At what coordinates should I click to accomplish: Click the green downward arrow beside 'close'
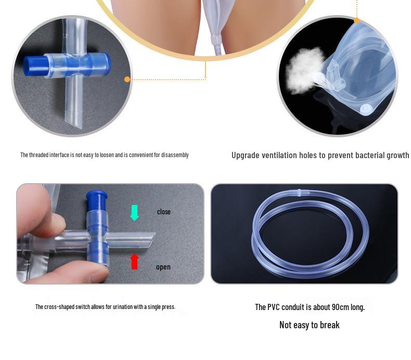[x=134, y=212]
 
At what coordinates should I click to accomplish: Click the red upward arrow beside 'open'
[x=134, y=261]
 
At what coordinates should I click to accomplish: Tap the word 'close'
[x=164, y=212]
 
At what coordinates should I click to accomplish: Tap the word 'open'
[x=163, y=267]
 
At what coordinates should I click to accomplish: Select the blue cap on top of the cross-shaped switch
[x=97, y=199]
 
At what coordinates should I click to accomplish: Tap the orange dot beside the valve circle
[x=127, y=80]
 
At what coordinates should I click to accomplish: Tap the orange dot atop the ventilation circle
[x=356, y=21]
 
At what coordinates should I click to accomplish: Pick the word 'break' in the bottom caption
[x=329, y=325]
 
